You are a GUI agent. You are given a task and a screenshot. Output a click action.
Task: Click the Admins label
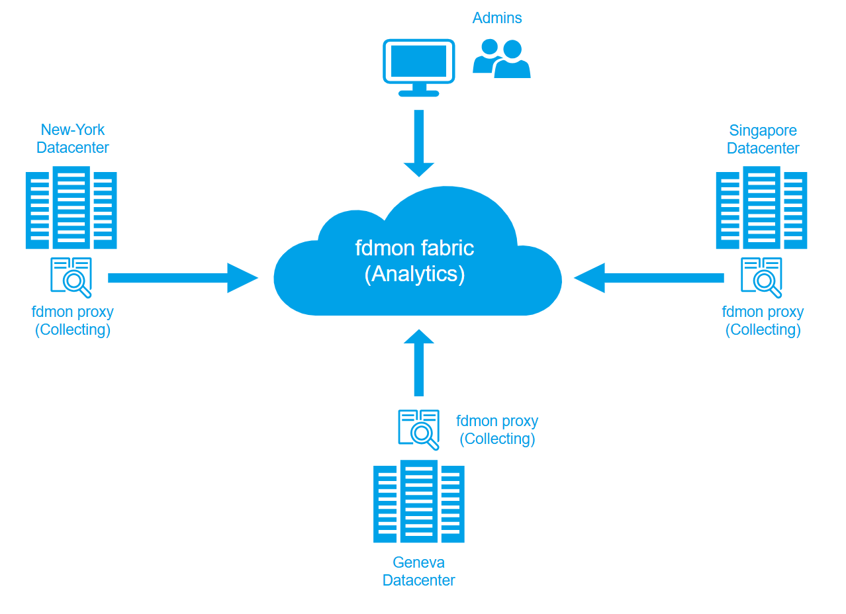pyautogui.click(x=496, y=18)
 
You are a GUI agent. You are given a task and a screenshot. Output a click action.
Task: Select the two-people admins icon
pyautogui.click(x=502, y=59)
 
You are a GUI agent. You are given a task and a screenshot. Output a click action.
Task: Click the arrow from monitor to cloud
pyautogui.click(x=418, y=143)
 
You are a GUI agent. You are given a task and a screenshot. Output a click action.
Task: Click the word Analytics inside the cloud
pyautogui.click(x=415, y=273)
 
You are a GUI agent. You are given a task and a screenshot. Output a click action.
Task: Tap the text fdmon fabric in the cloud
pyautogui.click(x=414, y=248)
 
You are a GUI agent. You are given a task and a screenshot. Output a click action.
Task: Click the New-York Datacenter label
pyautogui.click(x=73, y=138)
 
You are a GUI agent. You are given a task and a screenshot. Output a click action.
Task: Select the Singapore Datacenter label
pyautogui.click(x=763, y=139)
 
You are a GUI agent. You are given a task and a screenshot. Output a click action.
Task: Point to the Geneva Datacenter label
pyautogui.click(x=418, y=571)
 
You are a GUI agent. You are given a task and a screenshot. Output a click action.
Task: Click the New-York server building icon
pyautogui.click(x=71, y=207)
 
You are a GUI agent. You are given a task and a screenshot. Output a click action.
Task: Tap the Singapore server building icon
pyautogui.click(x=761, y=207)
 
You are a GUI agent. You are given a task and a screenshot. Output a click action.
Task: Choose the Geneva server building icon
pyautogui.click(x=418, y=502)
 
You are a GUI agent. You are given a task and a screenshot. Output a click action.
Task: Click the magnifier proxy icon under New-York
pyautogui.click(x=71, y=277)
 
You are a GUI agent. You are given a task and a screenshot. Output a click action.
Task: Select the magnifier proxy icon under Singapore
pyautogui.click(x=762, y=277)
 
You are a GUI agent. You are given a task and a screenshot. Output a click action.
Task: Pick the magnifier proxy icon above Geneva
pyautogui.click(x=419, y=429)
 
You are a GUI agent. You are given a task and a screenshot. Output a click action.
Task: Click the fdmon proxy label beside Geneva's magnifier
pyautogui.click(x=497, y=421)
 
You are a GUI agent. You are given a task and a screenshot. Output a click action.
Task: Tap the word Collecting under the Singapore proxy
pyautogui.click(x=763, y=329)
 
